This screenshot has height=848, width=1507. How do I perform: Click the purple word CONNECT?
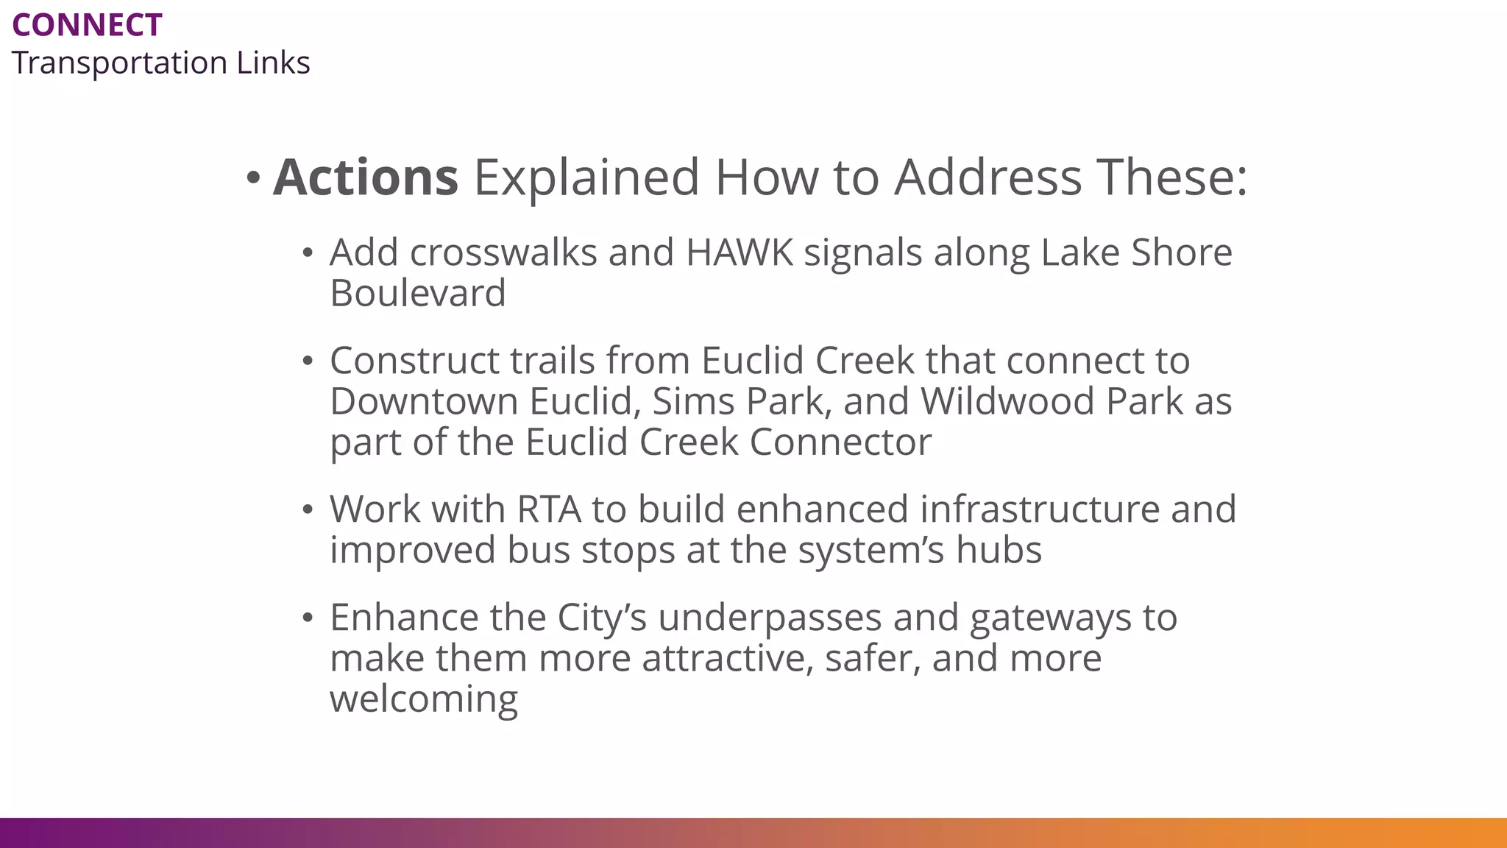click(87, 26)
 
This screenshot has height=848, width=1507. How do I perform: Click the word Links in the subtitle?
click(273, 63)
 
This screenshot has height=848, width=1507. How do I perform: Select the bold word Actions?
click(366, 178)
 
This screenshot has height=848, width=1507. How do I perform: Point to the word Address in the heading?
click(987, 178)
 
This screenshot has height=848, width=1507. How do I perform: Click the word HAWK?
click(740, 253)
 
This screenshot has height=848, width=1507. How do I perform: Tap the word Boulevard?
click(418, 294)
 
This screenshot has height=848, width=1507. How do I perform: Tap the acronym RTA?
click(549, 510)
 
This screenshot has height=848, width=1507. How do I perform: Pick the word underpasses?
click(770, 618)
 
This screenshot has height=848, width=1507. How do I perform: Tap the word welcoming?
click(424, 699)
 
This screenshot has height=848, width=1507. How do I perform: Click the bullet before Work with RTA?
click(308, 509)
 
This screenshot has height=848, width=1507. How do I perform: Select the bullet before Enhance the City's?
click(308, 618)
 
